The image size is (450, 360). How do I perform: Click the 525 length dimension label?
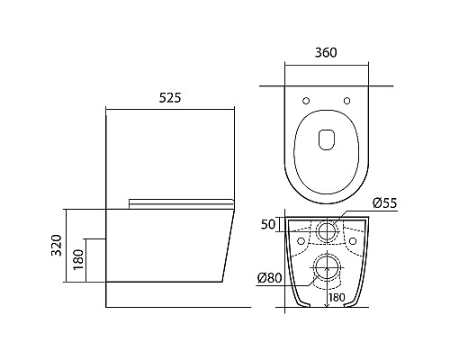tap(170, 98)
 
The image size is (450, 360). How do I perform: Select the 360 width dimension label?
tap(326, 52)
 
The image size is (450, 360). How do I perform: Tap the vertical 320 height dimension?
tap(57, 245)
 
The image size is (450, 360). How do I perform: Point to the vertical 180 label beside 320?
tap(78, 259)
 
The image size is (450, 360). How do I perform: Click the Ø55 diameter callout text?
tap(385, 203)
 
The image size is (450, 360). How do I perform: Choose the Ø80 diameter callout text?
tap(270, 278)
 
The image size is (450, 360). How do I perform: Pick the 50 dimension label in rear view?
tap(267, 224)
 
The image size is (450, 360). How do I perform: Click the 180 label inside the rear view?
tap(337, 298)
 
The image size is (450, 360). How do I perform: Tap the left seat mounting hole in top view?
tap(306, 101)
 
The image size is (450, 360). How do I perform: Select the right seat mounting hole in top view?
tap(347, 101)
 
